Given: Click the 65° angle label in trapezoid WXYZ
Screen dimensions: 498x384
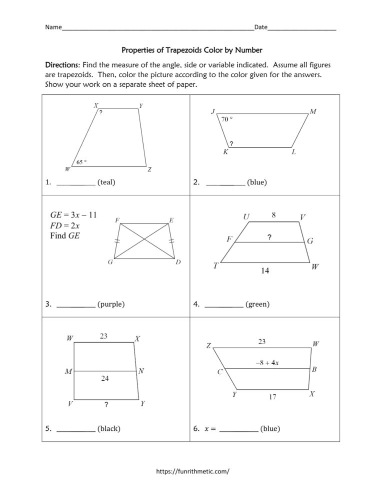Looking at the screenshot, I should (81, 162).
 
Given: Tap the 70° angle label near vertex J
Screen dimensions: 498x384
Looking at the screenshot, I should (227, 119).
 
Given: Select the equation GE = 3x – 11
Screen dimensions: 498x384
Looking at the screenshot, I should (73, 215).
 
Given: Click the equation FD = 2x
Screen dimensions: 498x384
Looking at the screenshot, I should (65, 225).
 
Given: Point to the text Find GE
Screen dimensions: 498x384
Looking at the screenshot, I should (65, 236).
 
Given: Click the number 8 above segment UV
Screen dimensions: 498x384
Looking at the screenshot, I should (273, 215).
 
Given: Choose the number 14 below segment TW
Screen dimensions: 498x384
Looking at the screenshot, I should (265, 271).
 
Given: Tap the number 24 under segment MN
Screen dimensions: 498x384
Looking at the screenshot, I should (104, 379).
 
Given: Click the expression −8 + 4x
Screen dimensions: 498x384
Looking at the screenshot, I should (268, 363).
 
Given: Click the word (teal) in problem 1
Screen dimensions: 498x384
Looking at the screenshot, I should (106, 182).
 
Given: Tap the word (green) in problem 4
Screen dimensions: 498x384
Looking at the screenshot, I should (257, 304).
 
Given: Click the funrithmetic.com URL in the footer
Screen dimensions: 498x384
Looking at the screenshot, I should (193, 471).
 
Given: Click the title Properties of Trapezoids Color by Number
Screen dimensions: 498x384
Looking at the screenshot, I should (192, 50).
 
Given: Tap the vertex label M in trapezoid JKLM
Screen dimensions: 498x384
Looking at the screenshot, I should (312, 112).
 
